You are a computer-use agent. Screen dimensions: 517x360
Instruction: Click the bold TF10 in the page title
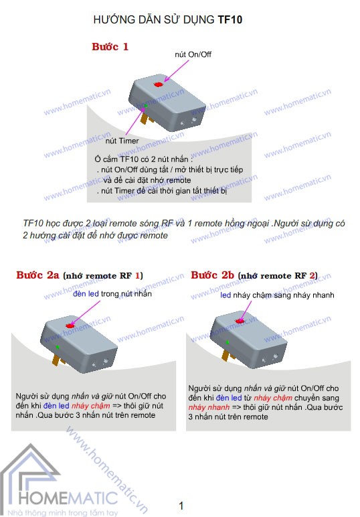tap(230, 21)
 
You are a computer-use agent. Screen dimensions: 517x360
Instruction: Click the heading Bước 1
tap(110, 47)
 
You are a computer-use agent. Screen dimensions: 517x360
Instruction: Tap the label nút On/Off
tap(192, 54)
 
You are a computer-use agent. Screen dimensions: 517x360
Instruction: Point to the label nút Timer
tap(122, 141)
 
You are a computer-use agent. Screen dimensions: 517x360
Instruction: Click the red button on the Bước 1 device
tap(159, 84)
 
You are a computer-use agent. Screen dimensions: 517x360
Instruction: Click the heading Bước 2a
tap(38, 275)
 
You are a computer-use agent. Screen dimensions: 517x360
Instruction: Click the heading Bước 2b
tap(212, 275)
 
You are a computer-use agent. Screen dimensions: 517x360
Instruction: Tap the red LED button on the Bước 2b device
tap(239, 322)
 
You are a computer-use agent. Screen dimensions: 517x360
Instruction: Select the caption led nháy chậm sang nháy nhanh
tap(277, 295)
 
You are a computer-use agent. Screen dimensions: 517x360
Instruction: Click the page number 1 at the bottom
tap(181, 506)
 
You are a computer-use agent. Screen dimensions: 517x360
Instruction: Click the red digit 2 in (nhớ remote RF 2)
tap(311, 275)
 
